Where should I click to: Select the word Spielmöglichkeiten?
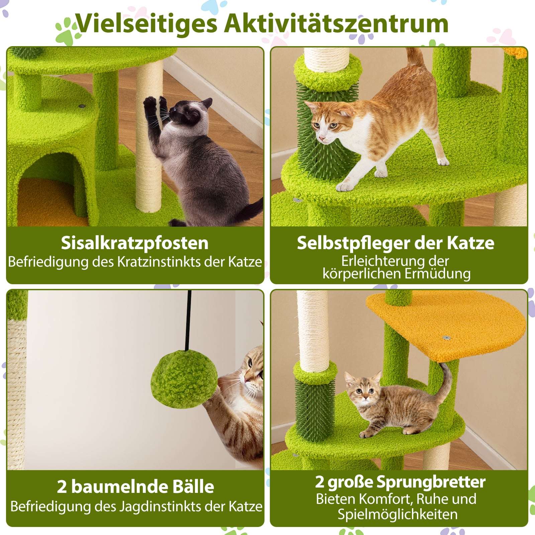pyautogui.click(x=397, y=514)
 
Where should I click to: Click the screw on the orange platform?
pyautogui.click(x=446, y=338)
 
